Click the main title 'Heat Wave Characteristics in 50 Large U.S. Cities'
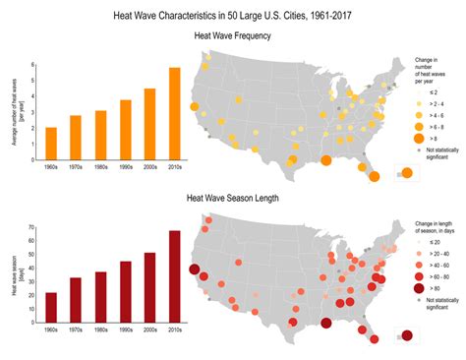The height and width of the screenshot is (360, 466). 233,16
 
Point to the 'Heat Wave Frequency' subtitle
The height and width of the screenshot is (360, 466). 233,35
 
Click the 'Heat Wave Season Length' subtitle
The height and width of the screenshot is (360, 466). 233,197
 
